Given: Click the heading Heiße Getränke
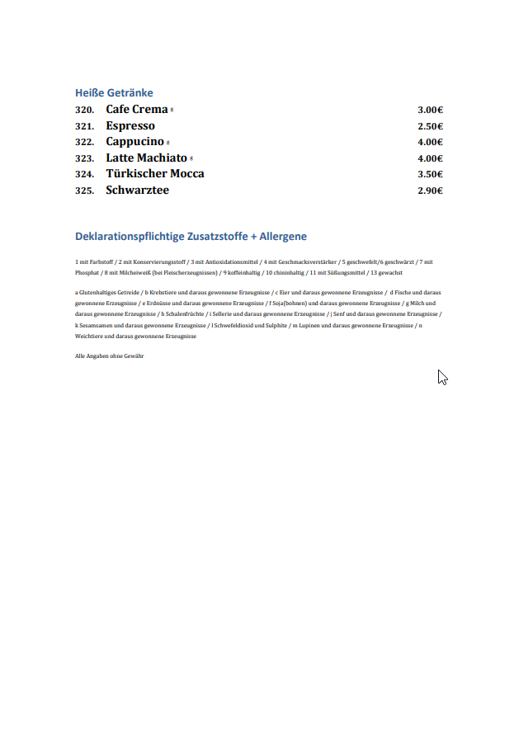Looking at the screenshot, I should tap(114, 93).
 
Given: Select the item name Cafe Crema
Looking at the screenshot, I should tap(136, 110).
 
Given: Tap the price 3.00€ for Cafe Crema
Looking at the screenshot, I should tap(430, 110).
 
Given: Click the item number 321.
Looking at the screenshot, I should tap(84, 126).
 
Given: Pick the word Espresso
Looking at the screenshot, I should tap(130, 126).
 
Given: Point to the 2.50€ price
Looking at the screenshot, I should tap(430, 126).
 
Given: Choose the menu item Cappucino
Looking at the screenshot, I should tap(134, 142).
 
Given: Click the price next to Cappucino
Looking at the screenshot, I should tap(430, 142).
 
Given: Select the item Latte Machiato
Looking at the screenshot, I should tap(146, 158).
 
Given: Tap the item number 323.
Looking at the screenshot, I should tap(84, 158).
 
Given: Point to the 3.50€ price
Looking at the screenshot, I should tap(430, 174).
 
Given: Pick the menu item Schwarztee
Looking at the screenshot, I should tap(137, 191).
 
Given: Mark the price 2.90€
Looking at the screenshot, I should tap(430, 191).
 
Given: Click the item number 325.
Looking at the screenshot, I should tap(84, 191).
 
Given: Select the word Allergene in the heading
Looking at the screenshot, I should tap(283, 237).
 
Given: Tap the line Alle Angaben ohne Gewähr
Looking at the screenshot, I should tap(110, 355).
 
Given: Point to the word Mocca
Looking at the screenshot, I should tap(187, 174).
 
